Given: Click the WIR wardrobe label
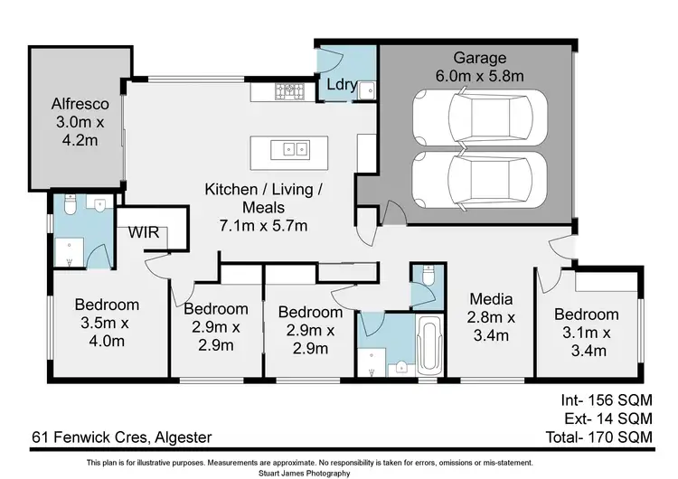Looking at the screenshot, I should (143, 232).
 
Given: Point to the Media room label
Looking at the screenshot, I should (491, 299).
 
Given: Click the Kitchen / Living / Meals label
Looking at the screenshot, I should (263, 190).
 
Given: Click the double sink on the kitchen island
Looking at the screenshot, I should (294, 148).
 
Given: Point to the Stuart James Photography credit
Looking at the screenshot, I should (339, 472).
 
